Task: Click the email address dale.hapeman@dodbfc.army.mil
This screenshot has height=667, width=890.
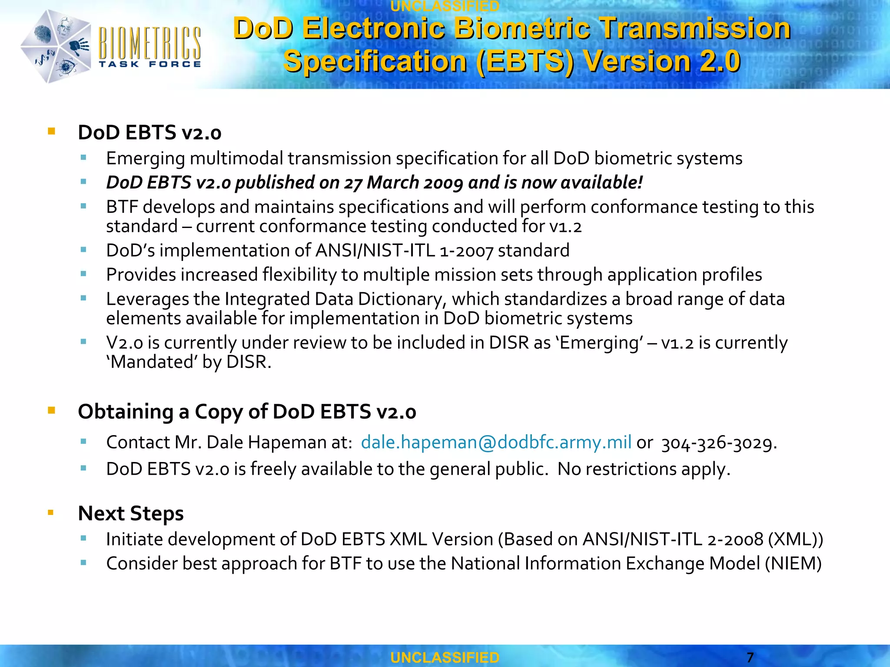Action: [x=496, y=442]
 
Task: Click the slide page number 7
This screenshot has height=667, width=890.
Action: [x=750, y=657]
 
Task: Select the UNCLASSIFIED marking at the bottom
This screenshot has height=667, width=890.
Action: [x=445, y=657]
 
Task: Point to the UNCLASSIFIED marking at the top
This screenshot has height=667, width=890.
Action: [x=445, y=6]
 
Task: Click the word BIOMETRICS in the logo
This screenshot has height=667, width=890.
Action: [x=149, y=43]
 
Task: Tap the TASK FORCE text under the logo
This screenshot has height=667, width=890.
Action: [x=149, y=64]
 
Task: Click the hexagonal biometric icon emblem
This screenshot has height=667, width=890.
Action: [x=55, y=47]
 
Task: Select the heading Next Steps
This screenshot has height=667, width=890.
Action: [x=130, y=513]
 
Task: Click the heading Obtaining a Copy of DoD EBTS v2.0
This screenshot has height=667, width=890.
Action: [x=247, y=411]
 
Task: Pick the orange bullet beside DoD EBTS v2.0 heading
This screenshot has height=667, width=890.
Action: [x=52, y=131]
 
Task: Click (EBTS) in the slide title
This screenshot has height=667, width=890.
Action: [x=525, y=61]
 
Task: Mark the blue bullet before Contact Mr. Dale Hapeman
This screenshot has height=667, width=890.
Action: [x=83, y=442]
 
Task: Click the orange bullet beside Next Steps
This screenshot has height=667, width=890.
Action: [x=51, y=513]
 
